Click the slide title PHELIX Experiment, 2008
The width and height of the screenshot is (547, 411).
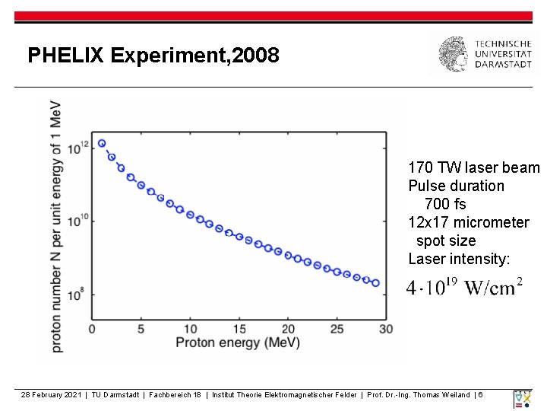153,56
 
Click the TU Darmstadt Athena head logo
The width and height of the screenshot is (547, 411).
454,55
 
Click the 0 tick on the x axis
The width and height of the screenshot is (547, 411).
92,328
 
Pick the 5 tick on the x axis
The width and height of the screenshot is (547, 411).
141,328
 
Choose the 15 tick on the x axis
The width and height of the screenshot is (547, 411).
239,328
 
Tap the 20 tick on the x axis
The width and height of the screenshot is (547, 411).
288,328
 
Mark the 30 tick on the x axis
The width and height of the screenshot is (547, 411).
386,328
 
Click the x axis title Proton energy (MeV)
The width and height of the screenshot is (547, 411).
238,342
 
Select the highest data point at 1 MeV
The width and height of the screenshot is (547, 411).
102,143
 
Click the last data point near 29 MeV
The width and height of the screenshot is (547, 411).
375,283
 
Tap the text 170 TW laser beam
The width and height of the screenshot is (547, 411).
473,167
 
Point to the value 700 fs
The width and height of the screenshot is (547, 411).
445,204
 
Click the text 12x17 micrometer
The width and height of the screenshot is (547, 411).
468,222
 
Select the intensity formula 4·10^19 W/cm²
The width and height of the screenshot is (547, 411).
464,288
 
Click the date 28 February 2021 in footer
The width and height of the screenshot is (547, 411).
52,394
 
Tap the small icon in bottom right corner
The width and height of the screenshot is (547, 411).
523,398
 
